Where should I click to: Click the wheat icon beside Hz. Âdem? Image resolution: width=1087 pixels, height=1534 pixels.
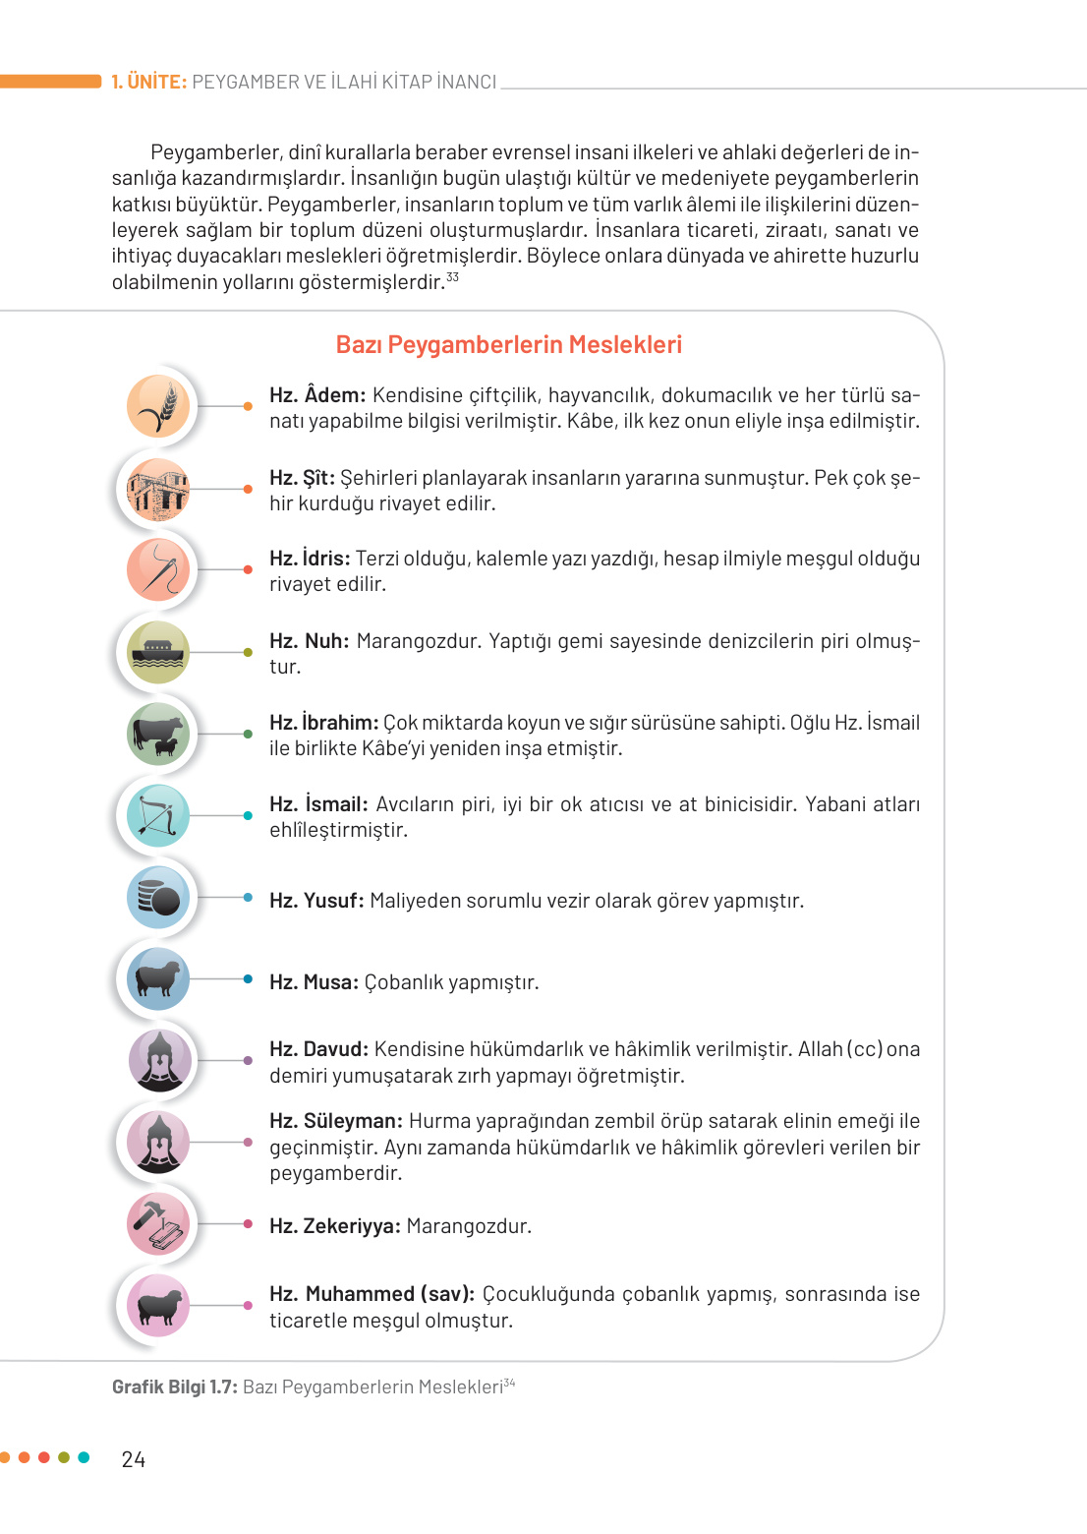pyautogui.click(x=158, y=406)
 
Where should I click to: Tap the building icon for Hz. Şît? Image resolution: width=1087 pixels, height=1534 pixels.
pyautogui.click(x=158, y=489)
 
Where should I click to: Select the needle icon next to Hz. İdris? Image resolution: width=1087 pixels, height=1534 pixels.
pyautogui.click(x=158, y=569)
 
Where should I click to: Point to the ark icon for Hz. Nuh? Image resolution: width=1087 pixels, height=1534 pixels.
pyautogui.click(x=158, y=652)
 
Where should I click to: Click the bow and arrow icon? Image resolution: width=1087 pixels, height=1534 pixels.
pyautogui.click(x=158, y=816)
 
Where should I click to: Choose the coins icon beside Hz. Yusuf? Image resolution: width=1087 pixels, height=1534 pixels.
pyautogui.click(x=158, y=898)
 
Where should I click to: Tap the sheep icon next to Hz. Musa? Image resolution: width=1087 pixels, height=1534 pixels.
pyautogui.click(x=158, y=979)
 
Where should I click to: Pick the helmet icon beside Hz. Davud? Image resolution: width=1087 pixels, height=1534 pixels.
pyautogui.click(x=158, y=1061)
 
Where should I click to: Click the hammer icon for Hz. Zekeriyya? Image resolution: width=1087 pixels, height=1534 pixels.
pyautogui.click(x=158, y=1224)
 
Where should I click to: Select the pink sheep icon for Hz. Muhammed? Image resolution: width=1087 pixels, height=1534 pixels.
pyautogui.click(x=158, y=1306)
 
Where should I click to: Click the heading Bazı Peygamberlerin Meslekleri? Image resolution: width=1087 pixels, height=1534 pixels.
pyautogui.click(x=508, y=345)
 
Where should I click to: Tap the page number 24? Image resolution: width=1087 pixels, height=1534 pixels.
pyautogui.click(x=134, y=1460)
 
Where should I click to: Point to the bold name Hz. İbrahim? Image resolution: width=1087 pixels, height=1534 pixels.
pyautogui.click(x=323, y=723)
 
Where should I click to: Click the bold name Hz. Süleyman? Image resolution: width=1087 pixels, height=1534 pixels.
pyautogui.click(x=336, y=1121)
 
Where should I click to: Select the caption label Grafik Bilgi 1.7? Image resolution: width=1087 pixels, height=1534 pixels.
pyautogui.click(x=175, y=1387)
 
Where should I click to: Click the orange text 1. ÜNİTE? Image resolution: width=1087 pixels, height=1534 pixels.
pyautogui.click(x=148, y=83)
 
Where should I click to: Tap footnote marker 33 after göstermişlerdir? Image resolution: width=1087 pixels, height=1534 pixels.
pyautogui.click(x=452, y=277)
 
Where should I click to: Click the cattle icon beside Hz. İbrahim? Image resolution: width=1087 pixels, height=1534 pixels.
pyautogui.click(x=158, y=734)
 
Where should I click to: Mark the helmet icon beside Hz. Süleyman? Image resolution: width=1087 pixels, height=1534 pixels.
pyautogui.click(x=158, y=1143)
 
